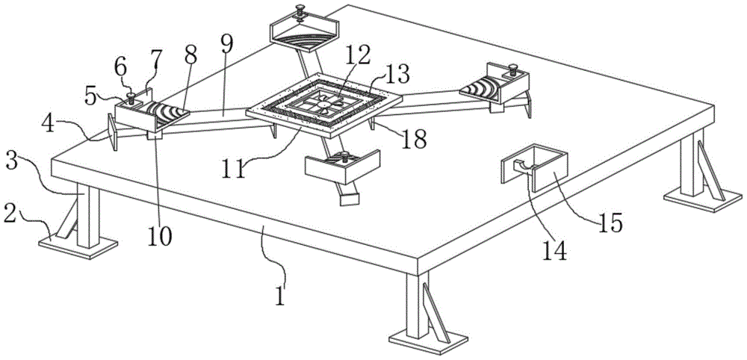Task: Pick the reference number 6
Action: (x=120, y=67)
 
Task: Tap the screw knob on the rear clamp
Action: (x=299, y=10)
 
